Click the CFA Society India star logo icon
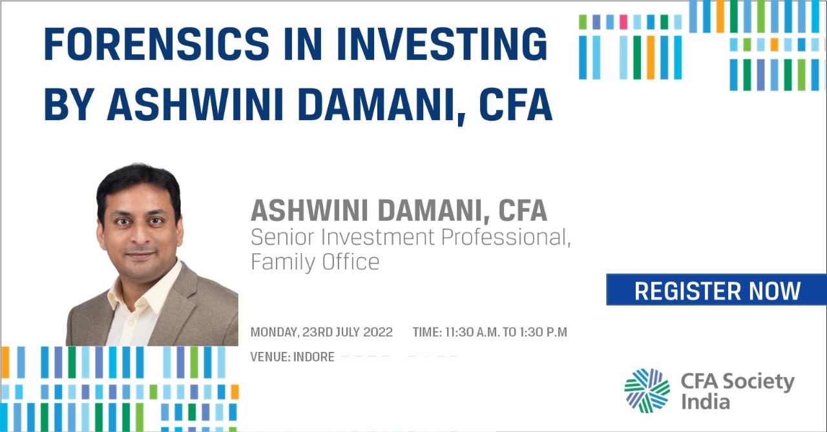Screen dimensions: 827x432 pyautogui.click(x=647, y=390)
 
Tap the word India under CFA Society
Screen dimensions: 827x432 pyautogui.click(x=705, y=402)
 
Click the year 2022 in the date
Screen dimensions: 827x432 pyautogui.click(x=378, y=332)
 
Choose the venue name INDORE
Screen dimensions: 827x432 pyautogui.click(x=314, y=356)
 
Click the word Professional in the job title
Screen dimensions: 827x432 pyautogui.click(x=506, y=237)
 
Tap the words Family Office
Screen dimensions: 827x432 pyautogui.click(x=315, y=262)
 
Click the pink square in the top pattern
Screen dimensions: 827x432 pyautogui.click(x=623, y=22)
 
